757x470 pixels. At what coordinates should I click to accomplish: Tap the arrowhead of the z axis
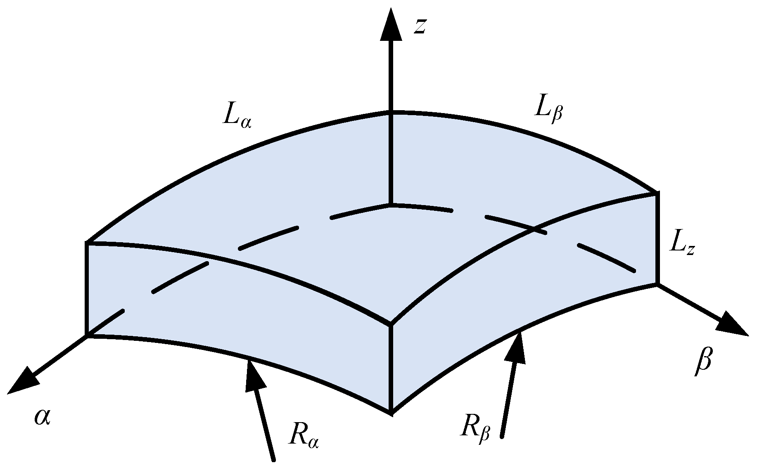(x=391, y=25)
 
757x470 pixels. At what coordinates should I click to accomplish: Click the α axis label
(x=43, y=417)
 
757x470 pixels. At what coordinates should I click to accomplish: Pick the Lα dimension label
(x=237, y=118)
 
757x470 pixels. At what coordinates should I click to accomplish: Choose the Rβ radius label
(x=475, y=430)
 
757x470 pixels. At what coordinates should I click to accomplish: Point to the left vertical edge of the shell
(x=87, y=289)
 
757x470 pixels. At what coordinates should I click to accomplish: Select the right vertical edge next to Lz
(x=657, y=238)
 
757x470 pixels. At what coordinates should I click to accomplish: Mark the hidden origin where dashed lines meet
(x=390, y=205)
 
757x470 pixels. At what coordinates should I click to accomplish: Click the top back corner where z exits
(x=390, y=112)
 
